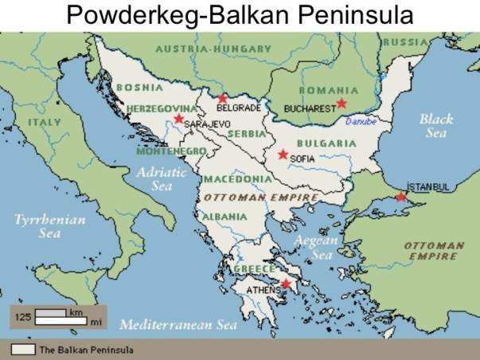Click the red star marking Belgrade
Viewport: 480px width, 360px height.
click(x=223, y=99)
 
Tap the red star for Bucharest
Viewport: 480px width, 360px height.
click(x=341, y=103)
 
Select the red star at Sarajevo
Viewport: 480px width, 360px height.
click(x=178, y=119)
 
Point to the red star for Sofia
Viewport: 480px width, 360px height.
click(x=283, y=155)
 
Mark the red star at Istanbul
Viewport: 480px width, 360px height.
click(x=401, y=196)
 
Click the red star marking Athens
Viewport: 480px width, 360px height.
click(x=287, y=284)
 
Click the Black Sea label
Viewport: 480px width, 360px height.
click(x=435, y=126)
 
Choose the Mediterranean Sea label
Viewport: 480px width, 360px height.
click(x=178, y=324)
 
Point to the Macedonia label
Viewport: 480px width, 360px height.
click(x=232, y=179)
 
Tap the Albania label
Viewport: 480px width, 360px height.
click(x=224, y=216)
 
